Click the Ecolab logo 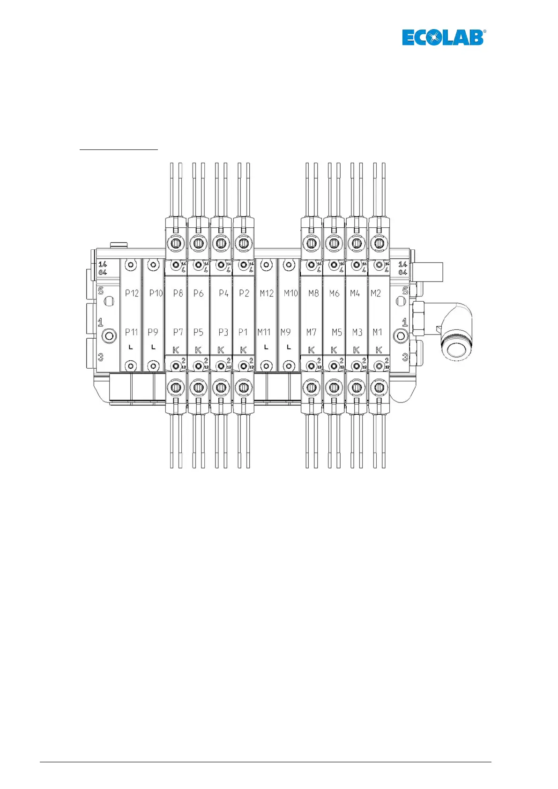pos(443,37)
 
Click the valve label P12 pos(132,293)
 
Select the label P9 pos(153,332)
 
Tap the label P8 pos(178,293)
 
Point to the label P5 pos(199,332)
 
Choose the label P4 pos(223,293)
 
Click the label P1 pos(243,332)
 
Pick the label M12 pos(267,293)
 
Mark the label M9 pos(285,332)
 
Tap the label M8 pos(313,293)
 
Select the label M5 pos(336,332)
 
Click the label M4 pos(355,293)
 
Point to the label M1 pos(377,332)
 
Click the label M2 pos(376,293)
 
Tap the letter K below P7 pos(176,350)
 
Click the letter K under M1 pos(379,350)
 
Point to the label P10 pos(156,293)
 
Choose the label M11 pos(264,332)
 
